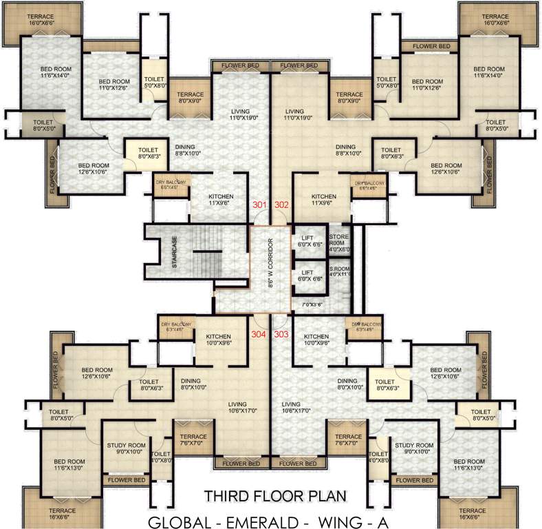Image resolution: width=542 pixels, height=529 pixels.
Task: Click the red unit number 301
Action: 259,205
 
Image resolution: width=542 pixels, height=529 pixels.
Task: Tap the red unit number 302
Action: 282,205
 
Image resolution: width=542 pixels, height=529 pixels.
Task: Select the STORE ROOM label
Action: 338,243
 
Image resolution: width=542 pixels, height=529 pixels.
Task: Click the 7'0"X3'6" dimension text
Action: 312,304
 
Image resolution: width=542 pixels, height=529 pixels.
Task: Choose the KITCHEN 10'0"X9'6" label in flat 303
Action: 316,338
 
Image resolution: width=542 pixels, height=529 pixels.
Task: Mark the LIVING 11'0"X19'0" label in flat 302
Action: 294,115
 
